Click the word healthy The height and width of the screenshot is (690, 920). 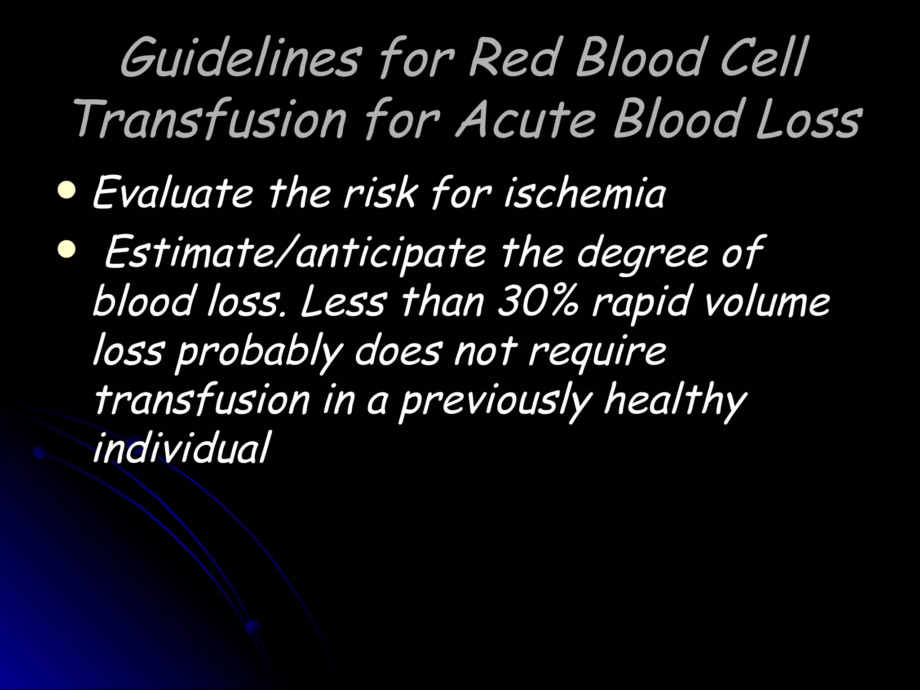point(674,402)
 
